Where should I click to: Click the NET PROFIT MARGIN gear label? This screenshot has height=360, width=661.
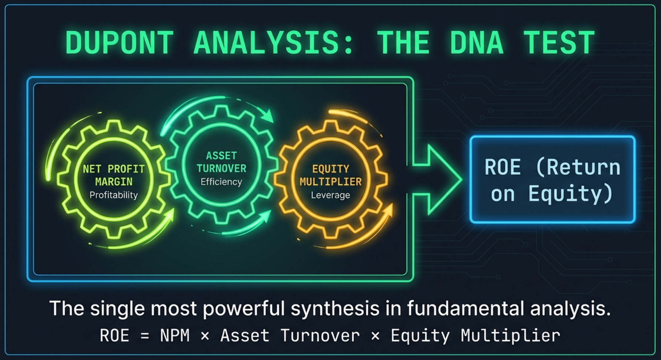[x=114, y=175]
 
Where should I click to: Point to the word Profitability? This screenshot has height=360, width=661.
[x=114, y=195]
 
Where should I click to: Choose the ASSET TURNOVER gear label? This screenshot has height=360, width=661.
[x=221, y=162]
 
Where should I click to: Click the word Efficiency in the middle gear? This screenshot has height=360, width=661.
[x=221, y=182]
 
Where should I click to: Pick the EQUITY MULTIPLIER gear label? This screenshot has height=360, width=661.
[x=330, y=175]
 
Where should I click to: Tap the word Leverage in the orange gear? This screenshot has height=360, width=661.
[x=330, y=195]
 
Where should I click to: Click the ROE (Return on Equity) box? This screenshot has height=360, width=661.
[x=552, y=180]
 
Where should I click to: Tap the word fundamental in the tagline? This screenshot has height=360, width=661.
[x=466, y=309]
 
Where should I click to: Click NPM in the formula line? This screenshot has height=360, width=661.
[x=175, y=336]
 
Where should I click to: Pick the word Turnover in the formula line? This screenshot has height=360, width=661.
[x=320, y=336]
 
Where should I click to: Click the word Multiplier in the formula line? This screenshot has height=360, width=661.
[x=510, y=336]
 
